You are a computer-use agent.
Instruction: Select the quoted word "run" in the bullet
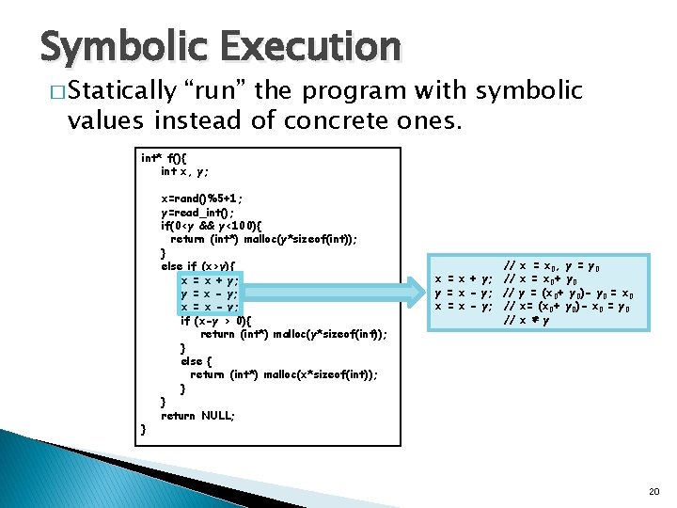(218, 91)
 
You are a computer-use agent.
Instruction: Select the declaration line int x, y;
(184, 171)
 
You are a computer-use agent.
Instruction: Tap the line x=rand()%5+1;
(201, 198)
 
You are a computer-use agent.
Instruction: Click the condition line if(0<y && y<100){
(222, 226)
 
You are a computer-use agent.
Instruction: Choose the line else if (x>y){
(198, 266)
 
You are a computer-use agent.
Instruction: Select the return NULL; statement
(197, 415)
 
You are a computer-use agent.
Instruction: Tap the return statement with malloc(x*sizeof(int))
(284, 374)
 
